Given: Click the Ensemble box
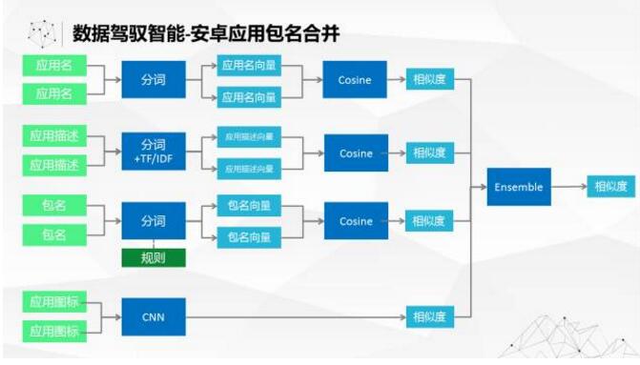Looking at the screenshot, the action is [x=519, y=188].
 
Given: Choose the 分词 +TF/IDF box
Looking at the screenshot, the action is [x=153, y=152].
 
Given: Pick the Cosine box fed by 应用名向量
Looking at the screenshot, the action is [x=355, y=80].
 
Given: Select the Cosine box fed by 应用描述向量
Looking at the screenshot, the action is [x=355, y=152].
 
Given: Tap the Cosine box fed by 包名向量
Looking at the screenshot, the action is [x=355, y=221].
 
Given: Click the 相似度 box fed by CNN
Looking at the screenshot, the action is [x=428, y=315].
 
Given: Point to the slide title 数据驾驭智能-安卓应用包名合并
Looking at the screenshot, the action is [x=206, y=34].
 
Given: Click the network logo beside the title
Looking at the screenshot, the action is [x=42, y=34].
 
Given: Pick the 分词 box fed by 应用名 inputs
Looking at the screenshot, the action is [x=153, y=80].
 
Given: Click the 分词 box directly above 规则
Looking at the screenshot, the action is [x=153, y=221].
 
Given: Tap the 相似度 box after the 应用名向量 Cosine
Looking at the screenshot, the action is [x=428, y=80].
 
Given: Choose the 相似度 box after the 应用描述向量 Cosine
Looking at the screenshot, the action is [x=428, y=152].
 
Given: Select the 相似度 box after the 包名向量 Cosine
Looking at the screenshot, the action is [x=428, y=221].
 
